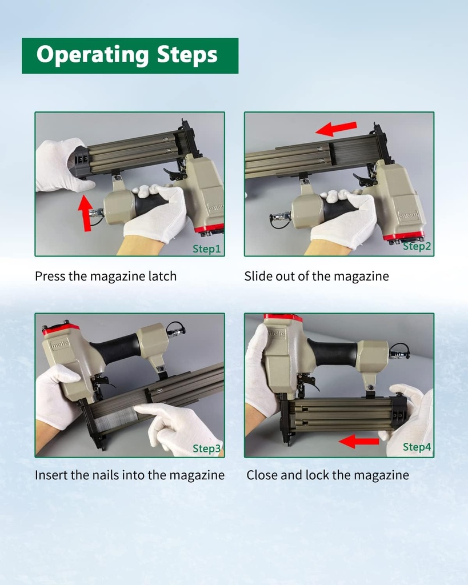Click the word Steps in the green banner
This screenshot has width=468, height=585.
(187, 55)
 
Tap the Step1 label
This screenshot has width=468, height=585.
(206, 249)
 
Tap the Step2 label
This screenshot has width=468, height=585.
(417, 246)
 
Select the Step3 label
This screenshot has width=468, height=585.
(207, 448)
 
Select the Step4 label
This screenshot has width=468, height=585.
(417, 447)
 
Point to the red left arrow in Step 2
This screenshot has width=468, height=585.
(336, 129)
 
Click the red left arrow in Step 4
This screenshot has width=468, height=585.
(359, 442)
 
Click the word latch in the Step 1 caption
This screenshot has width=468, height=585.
(162, 276)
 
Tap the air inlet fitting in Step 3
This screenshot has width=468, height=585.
(175, 330)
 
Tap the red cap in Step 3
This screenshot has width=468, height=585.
(61, 328)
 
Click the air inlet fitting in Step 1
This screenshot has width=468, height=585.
(97, 213)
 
